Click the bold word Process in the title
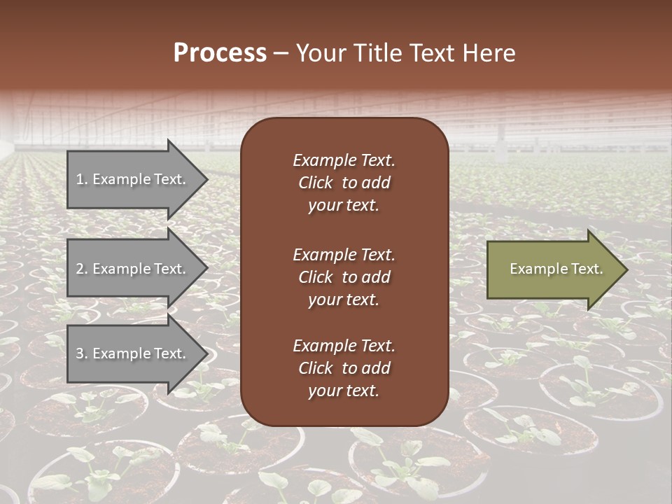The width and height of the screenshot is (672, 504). (220, 53)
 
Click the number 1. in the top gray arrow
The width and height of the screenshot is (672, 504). (82, 179)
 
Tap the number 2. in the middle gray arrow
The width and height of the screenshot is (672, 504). (82, 269)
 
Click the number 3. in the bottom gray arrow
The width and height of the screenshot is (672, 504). (82, 354)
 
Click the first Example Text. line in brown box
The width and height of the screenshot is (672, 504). (344, 160)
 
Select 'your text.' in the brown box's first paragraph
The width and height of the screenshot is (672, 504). (344, 206)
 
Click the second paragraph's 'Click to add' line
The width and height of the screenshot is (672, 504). (344, 277)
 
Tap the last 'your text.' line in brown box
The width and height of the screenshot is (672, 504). (344, 391)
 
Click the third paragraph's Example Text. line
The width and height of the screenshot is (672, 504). (344, 346)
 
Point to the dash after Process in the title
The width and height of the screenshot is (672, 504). (281, 54)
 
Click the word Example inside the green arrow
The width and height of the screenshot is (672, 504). (533, 269)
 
